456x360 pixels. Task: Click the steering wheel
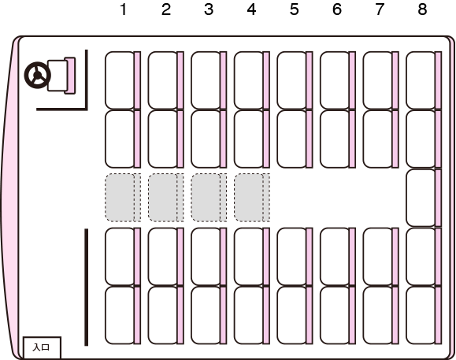pyautogui.click(x=38, y=76)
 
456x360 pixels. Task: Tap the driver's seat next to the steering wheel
pyautogui.click(x=61, y=76)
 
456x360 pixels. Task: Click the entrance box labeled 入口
pyautogui.click(x=42, y=347)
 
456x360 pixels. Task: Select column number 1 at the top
pyautogui.click(x=124, y=9)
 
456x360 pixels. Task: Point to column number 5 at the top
pyautogui.click(x=294, y=9)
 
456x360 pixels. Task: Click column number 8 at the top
pyautogui.click(x=422, y=9)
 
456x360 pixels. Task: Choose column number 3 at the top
pyautogui.click(x=209, y=9)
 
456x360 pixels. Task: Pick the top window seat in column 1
pyautogui.click(x=123, y=80)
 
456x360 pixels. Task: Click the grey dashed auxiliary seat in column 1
pyautogui.click(x=123, y=198)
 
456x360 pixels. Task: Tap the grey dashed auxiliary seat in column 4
pyautogui.click(x=252, y=198)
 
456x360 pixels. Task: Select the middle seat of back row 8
pyautogui.click(x=424, y=198)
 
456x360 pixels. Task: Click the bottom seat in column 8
pyautogui.click(x=424, y=315)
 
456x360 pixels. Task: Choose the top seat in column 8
pyautogui.click(x=424, y=80)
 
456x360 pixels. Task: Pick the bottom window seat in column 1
pyautogui.click(x=123, y=315)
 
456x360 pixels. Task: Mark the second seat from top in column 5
pyautogui.click(x=295, y=139)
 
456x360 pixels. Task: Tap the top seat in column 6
pyautogui.click(x=338, y=80)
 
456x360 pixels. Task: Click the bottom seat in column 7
pyautogui.click(x=381, y=315)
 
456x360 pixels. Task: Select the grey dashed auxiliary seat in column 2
pyautogui.click(x=165, y=198)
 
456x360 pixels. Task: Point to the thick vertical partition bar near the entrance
pyautogui.click(x=86, y=288)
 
